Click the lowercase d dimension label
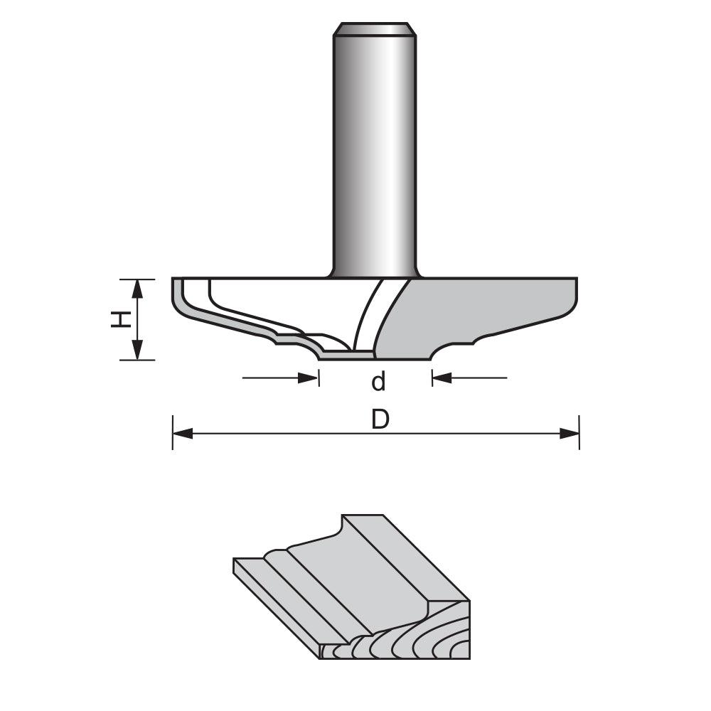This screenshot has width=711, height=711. click(378, 383)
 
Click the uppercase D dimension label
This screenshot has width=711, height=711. click(380, 420)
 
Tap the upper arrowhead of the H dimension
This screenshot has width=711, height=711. click(138, 288)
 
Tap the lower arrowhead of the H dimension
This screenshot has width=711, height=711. click(138, 351)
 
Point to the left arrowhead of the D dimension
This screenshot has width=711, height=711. click(182, 433)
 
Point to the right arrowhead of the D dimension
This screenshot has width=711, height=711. click(570, 433)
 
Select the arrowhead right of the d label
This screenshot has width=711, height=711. click(442, 378)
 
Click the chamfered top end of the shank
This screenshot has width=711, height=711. click(375, 29)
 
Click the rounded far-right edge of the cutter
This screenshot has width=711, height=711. click(573, 299)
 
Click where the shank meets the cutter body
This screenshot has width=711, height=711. click(375, 276)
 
